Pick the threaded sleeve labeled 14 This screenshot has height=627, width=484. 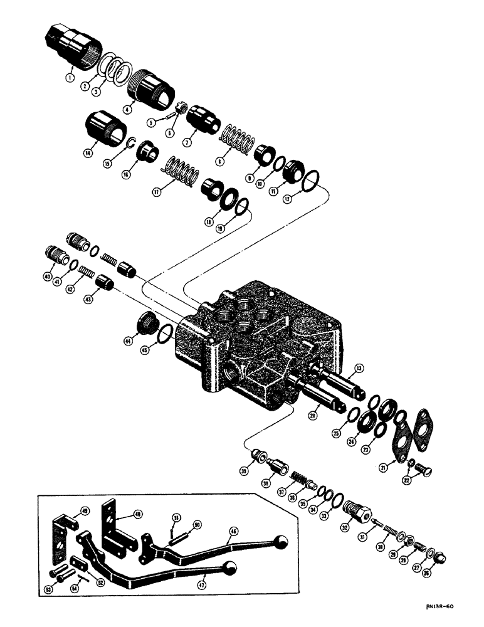(102, 128)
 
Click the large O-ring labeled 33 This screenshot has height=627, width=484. (337, 500)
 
